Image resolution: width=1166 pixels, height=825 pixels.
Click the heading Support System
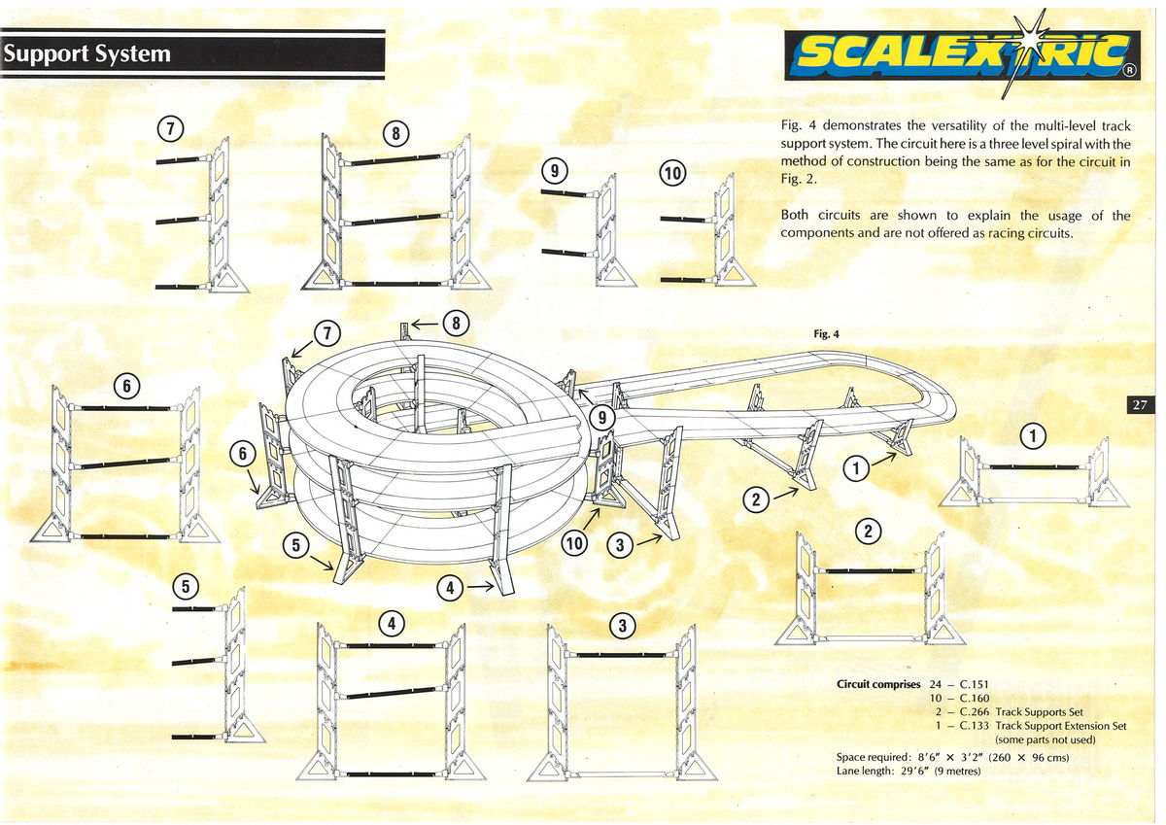coord(86,54)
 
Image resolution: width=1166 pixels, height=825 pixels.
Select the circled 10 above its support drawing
coord(672,174)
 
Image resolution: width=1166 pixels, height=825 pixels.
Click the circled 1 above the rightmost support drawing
coord(1033,437)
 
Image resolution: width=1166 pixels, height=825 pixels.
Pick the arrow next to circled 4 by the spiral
coord(480,587)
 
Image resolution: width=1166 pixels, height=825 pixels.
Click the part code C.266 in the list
coord(975,712)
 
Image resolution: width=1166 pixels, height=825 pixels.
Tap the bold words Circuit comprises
coord(878,684)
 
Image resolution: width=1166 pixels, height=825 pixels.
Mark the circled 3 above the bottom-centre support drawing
coord(622,626)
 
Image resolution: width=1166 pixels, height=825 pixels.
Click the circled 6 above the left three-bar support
coord(126,386)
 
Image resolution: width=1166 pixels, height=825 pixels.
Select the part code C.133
coord(975,726)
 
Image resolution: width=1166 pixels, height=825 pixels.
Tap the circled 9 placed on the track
coord(602,418)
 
